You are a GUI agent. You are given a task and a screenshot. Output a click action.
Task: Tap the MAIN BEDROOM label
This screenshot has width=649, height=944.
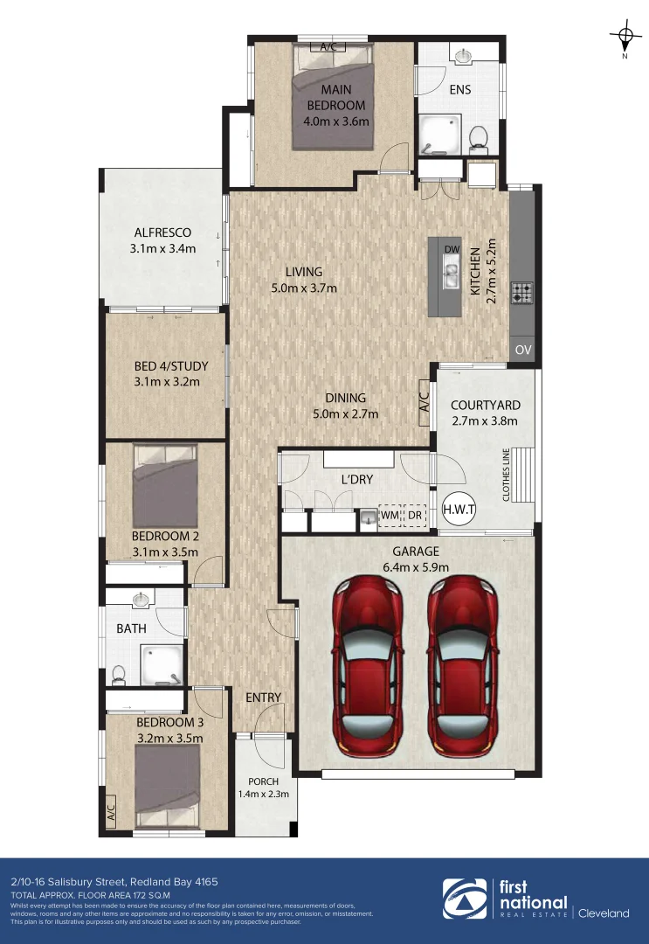330,97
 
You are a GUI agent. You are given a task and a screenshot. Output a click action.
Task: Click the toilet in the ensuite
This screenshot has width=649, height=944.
478,137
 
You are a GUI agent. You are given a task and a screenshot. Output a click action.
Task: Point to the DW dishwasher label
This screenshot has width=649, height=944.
452,249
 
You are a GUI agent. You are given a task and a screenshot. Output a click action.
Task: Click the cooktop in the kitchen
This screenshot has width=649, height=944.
522,293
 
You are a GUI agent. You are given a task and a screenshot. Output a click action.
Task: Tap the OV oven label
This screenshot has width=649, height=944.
523,350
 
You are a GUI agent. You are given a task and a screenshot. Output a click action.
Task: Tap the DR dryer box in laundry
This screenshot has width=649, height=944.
413,517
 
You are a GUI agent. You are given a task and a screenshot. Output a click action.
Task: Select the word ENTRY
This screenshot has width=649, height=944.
264,697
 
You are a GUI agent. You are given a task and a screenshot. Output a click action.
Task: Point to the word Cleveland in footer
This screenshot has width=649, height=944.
603,913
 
